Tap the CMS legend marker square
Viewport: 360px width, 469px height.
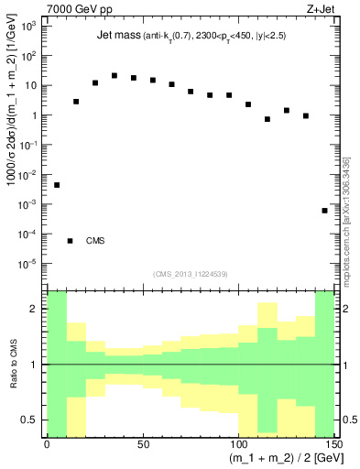click(x=70, y=241)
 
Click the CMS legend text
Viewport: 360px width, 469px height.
click(x=96, y=241)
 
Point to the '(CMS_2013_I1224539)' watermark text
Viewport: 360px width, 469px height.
click(x=191, y=273)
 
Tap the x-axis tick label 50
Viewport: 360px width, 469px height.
click(x=142, y=444)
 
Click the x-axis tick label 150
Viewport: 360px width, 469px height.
click(x=332, y=444)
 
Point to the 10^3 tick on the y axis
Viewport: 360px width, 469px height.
click(x=28, y=27)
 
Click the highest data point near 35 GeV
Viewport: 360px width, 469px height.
click(x=115, y=76)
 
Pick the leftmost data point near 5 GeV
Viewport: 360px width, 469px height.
click(x=57, y=185)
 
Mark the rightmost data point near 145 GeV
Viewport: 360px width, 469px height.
click(x=324, y=211)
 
